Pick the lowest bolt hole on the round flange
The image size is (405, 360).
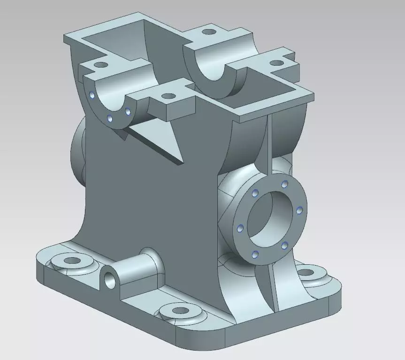coord(255,254)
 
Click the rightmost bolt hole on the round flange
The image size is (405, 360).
coord(299,210)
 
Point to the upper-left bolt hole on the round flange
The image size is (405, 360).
coord(255,192)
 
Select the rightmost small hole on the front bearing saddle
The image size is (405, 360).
coord(127,112)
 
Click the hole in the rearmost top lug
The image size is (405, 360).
coord(208,33)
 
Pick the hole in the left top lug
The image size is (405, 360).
coord(100,65)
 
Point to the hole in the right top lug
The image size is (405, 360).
coord(277,62)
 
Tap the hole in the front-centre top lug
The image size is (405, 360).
coord(168,97)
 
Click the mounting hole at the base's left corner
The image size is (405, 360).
coord(72,260)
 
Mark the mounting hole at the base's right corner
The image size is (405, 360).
coord(306,272)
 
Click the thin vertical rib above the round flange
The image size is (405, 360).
coord(270,141)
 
